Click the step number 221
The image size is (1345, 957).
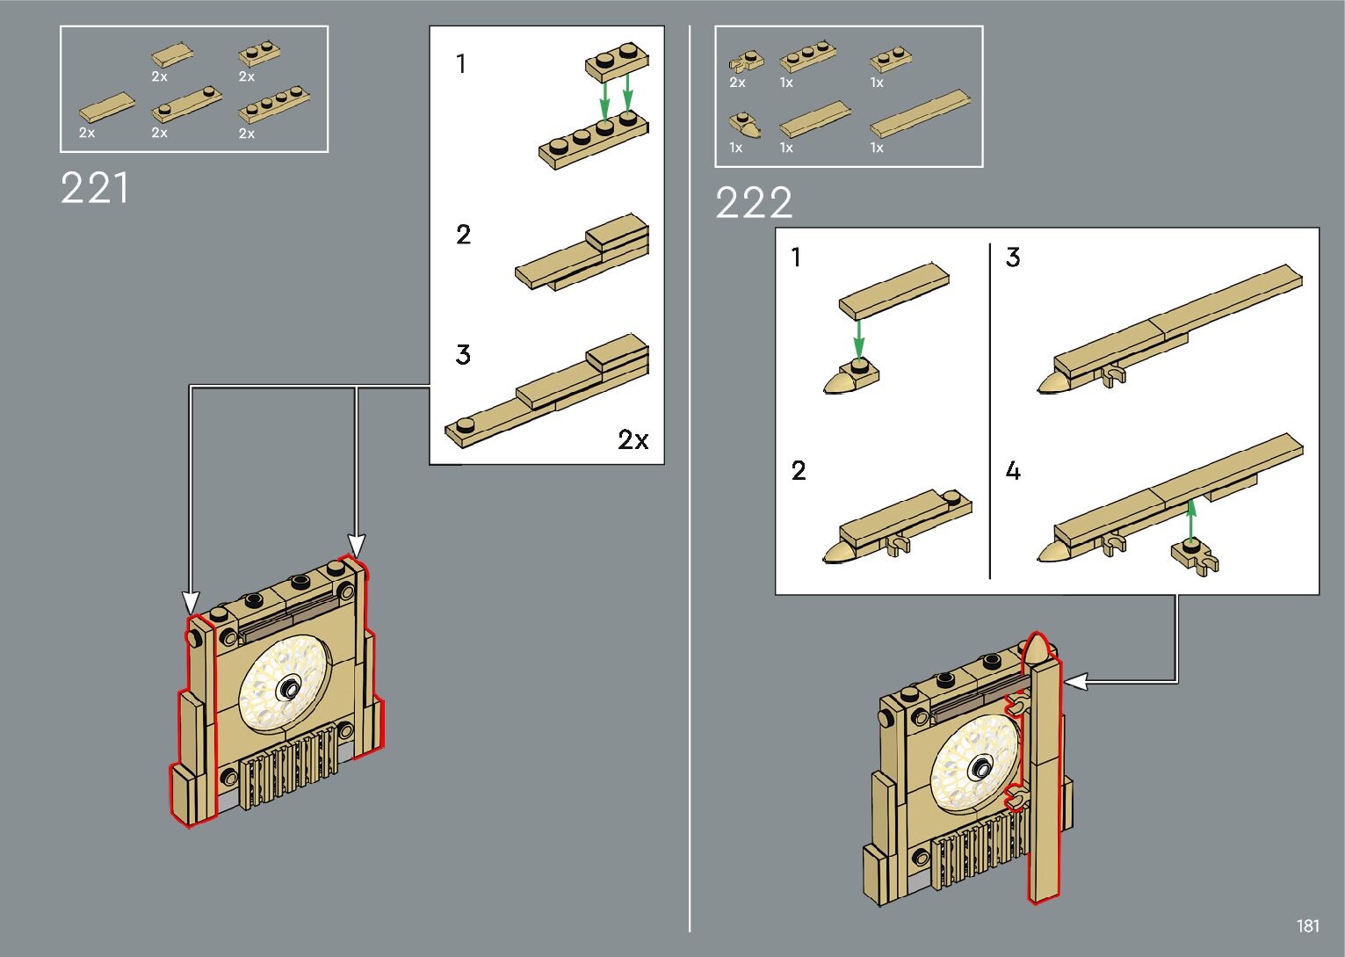(x=95, y=188)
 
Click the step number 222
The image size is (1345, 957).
(x=754, y=203)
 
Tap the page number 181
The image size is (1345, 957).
(x=1307, y=925)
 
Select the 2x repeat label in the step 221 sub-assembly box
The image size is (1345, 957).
(x=633, y=439)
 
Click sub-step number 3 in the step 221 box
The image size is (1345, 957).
(x=463, y=355)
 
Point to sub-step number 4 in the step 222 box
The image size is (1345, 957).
(x=1013, y=471)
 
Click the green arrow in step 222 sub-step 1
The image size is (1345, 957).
(x=858, y=337)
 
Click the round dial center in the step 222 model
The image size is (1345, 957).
(x=978, y=771)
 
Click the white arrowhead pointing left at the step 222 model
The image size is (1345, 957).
(x=1074, y=680)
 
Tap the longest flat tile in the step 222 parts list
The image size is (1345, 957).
(x=920, y=113)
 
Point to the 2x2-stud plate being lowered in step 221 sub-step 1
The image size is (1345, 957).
(x=617, y=62)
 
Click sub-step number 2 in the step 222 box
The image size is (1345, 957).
(x=798, y=471)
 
